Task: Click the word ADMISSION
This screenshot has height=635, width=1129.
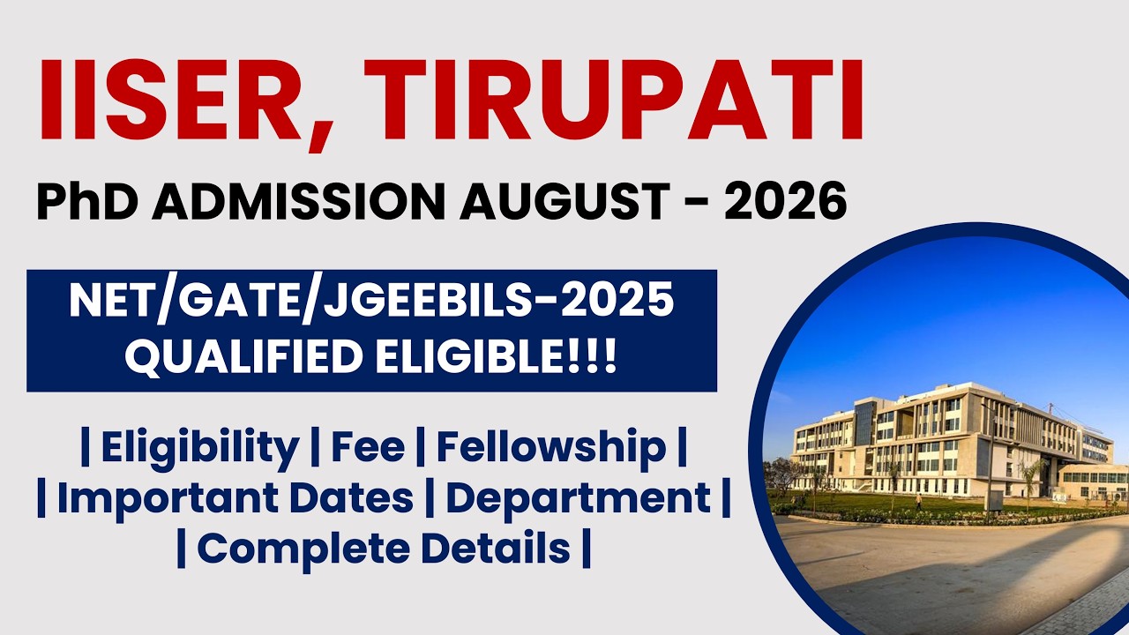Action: [x=296, y=202]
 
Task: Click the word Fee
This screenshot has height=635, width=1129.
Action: [x=368, y=448]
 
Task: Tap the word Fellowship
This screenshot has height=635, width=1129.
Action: [x=551, y=448]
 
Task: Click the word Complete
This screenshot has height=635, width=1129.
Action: [x=303, y=548]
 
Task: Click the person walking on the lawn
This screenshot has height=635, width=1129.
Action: [x=918, y=502]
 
